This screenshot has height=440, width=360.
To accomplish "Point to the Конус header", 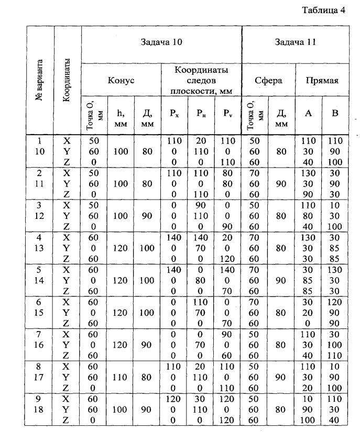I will tap(121, 81).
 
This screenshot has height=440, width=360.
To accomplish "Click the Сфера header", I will tap(268, 81).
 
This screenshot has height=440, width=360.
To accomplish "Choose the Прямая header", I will tap(322, 81).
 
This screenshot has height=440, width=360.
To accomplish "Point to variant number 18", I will tap(40, 409).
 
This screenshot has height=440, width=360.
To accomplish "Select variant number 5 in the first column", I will tap(40, 270).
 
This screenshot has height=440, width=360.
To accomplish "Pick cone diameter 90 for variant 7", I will tap(148, 344).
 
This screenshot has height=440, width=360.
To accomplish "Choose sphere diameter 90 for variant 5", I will tap(282, 280).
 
